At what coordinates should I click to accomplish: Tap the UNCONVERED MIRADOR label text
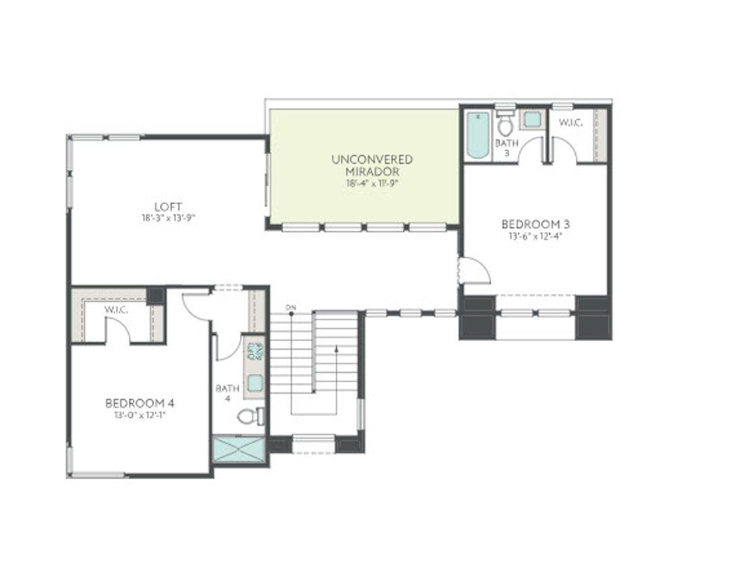click(x=372, y=165)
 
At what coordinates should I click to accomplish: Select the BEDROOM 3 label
click(x=531, y=224)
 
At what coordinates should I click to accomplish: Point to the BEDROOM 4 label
click(x=140, y=403)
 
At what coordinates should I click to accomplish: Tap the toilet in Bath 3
click(x=505, y=124)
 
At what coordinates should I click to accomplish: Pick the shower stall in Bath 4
click(x=239, y=450)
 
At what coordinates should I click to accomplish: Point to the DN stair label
click(x=291, y=308)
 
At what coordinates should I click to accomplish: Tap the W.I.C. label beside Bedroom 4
click(x=117, y=310)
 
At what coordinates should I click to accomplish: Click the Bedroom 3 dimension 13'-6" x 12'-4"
click(x=531, y=236)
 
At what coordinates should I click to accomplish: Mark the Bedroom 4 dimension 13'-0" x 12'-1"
click(x=140, y=415)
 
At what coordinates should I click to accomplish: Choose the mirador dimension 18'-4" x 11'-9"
click(x=372, y=183)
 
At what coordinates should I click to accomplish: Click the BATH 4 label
click(x=228, y=394)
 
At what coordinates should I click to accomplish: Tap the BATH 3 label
click(x=506, y=148)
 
